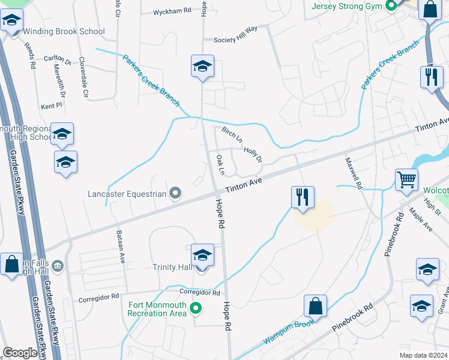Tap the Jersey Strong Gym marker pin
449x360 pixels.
pos(392,7)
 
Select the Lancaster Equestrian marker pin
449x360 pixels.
pos(175,193)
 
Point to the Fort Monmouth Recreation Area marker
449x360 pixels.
pos(195,310)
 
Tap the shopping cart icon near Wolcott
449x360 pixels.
pos(406,179)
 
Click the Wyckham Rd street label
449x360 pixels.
pos(172,11)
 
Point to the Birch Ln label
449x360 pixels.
pos(232,134)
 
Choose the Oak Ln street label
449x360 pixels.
pos(220,165)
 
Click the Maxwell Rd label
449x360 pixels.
pos(354,173)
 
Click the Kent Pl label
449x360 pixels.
pos(52,106)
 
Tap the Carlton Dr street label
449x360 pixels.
pos(58,59)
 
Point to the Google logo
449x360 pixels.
pos(20,353)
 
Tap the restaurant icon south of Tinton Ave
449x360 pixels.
pos(302,197)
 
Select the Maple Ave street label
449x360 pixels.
pos(420,220)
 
